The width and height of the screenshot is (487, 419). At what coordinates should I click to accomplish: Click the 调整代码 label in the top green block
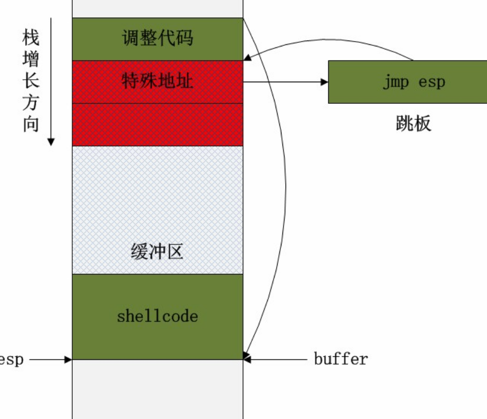pos(157,38)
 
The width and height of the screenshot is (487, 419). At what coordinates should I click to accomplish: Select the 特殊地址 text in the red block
pos(157,82)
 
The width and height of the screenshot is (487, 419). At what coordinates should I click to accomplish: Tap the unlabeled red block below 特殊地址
pos(157,124)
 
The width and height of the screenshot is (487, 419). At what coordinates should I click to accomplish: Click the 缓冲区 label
pos(157,252)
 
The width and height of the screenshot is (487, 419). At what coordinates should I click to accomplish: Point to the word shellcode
pos(157,316)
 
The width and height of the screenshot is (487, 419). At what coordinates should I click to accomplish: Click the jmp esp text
pos(413,82)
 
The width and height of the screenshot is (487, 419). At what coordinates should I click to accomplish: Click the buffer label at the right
pos(340,359)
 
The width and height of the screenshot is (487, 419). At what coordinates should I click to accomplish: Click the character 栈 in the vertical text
pos(31,38)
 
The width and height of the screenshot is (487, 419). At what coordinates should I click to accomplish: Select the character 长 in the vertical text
pos(31,81)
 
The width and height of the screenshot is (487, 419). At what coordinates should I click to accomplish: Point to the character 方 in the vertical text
pos(31,103)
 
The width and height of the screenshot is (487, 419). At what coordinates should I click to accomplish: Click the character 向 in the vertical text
pos(31,124)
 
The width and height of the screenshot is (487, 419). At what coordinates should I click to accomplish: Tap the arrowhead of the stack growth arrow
pos(51,141)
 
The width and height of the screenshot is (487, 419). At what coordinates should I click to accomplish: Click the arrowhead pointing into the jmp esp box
pos(324,82)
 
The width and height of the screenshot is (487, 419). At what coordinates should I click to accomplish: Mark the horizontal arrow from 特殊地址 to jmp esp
pos(285,82)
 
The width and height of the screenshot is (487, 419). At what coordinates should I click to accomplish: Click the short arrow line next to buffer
pos(277,359)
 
